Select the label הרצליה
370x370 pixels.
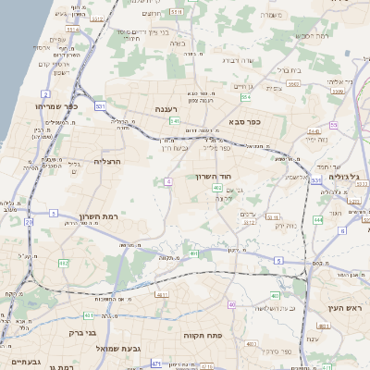109,161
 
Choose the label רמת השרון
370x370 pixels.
95,214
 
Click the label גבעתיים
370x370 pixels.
20,362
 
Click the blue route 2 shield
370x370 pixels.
45,94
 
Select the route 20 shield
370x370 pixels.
29,222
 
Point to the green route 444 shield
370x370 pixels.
317,220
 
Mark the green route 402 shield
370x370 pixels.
216,188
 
